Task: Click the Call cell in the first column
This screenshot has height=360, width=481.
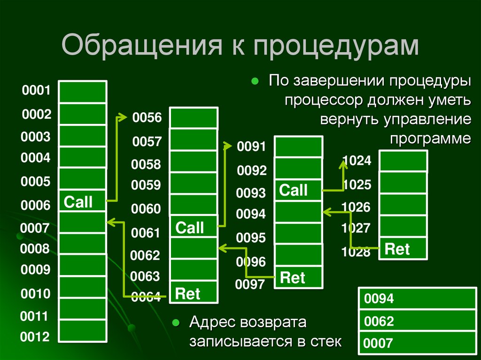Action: pos(82,202)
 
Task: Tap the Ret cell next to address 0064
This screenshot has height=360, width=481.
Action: pos(194,293)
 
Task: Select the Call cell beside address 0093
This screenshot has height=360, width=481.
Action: pos(298,191)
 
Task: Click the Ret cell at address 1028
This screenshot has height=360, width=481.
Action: pos(403,249)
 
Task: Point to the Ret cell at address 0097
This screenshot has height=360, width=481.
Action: pos(298,277)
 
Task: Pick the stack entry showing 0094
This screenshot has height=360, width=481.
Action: pos(419,298)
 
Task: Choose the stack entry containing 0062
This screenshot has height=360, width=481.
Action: pos(419,321)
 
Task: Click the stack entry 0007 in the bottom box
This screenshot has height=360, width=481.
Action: pos(419,343)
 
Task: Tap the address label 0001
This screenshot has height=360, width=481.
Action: pos(35,91)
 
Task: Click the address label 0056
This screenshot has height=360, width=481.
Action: pos(147,118)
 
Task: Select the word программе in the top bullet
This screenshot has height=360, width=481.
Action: pos(430,138)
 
